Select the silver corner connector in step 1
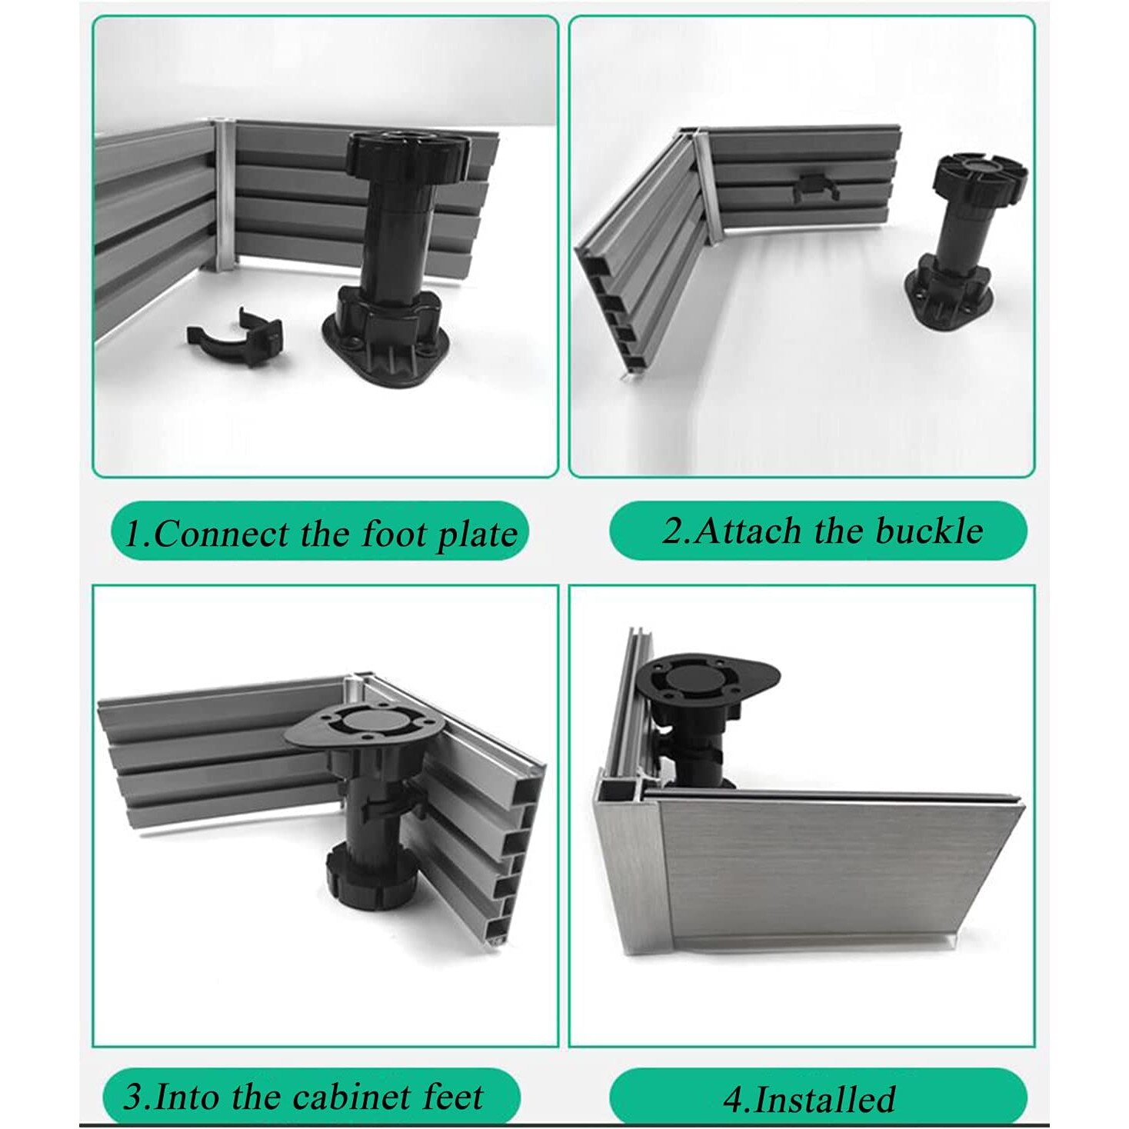tap(225, 196)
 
